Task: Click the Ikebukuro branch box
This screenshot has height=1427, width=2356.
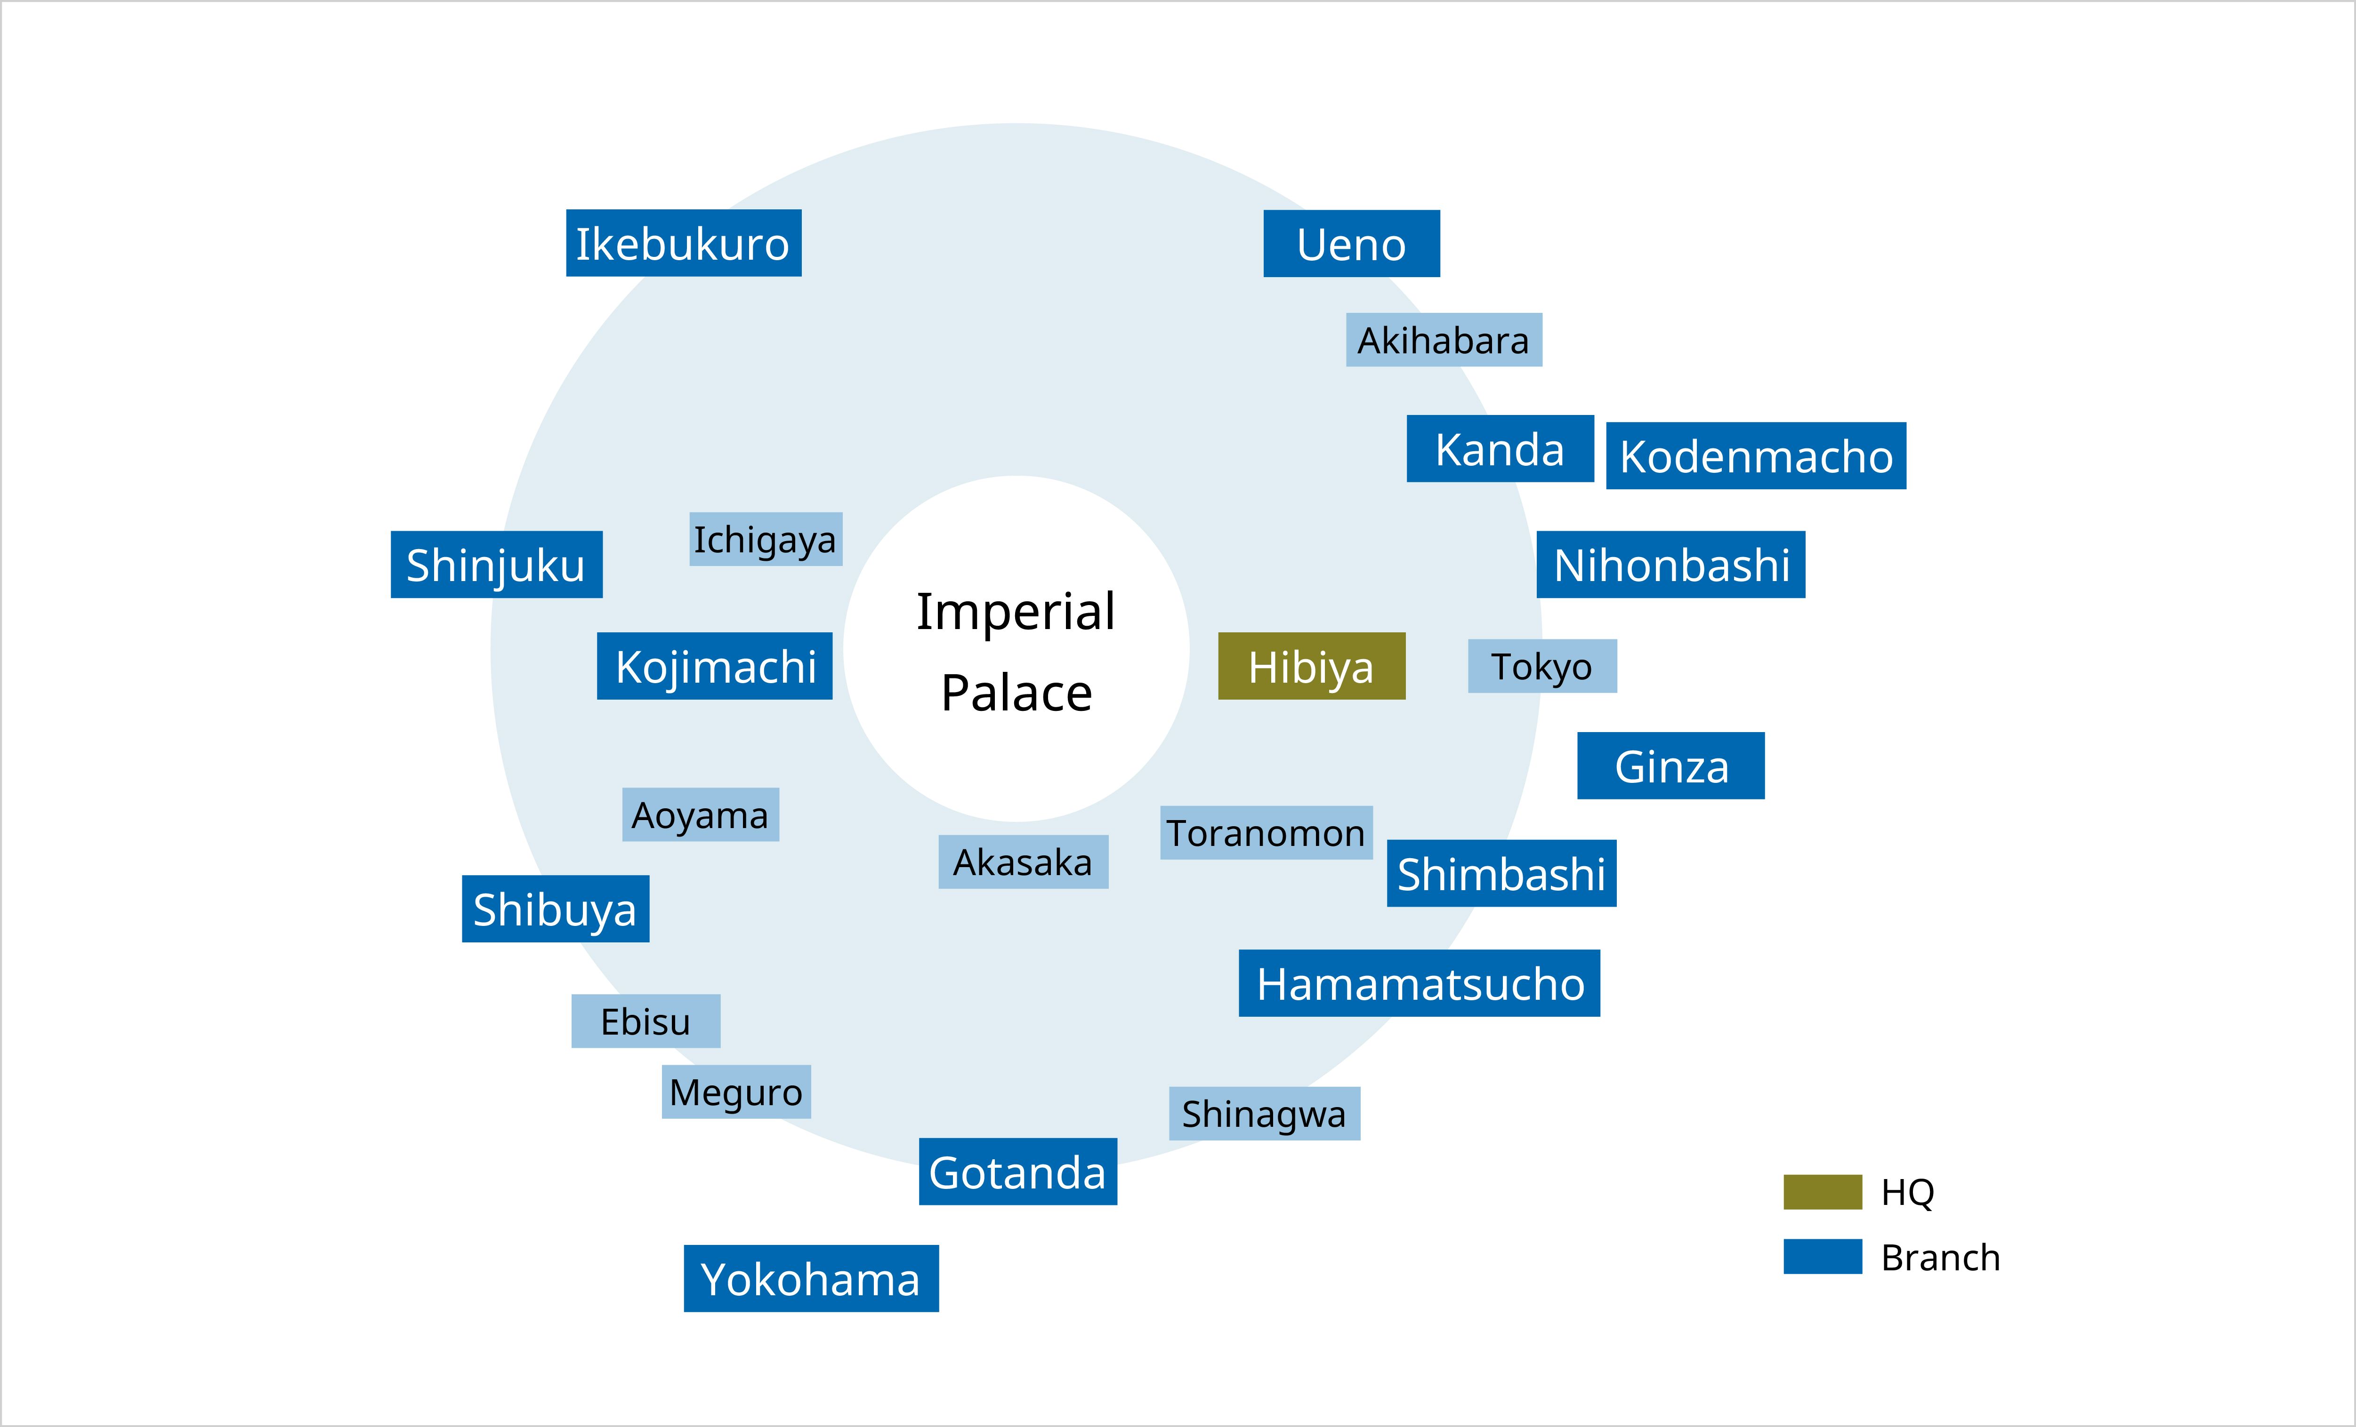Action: [684, 243]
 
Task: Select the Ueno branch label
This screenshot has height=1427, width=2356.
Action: [1351, 244]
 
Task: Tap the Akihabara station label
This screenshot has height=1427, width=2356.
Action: [1444, 339]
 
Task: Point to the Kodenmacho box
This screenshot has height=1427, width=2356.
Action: [1756, 456]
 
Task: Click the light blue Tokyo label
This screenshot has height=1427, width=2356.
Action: [1542, 666]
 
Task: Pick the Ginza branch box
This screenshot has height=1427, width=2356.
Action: [1670, 765]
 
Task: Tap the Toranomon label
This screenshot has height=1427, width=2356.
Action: [1266, 832]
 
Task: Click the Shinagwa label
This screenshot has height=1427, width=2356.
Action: [1264, 1114]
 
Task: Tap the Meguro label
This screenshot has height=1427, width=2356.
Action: [736, 1092]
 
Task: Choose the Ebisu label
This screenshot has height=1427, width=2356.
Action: [645, 1021]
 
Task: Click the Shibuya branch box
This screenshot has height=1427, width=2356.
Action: [556, 909]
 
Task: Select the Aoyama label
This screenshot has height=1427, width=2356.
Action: [701, 814]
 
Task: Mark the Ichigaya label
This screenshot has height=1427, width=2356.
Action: [766, 539]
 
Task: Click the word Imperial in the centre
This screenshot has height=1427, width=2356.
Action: [1016, 612]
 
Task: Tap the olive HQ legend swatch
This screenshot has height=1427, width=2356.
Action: [1823, 1192]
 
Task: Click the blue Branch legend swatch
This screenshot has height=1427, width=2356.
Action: [1823, 1256]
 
